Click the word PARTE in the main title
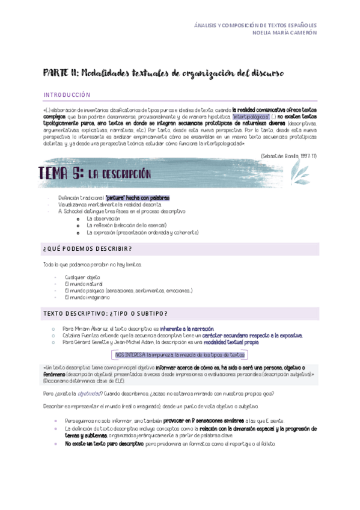click(56, 73)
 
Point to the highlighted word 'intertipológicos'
click(251, 117)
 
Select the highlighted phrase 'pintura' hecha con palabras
click(137, 198)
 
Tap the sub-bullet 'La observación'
click(103, 218)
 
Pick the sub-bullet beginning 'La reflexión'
click(121, 226)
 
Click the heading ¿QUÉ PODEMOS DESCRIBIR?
click(88, 248)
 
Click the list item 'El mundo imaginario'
click(87, 297)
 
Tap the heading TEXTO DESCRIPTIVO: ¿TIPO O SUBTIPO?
click(105, 313)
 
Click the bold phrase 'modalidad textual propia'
click(231, 342)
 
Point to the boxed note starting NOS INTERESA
click(180, 355)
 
